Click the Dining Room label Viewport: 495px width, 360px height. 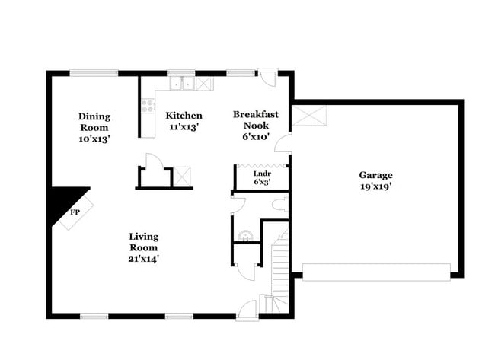[x=94, y=116]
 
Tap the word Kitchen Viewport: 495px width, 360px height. [x=184, y=116]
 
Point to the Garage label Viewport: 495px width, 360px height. [x=376, y=174]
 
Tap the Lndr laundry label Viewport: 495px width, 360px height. [x=261, y=174]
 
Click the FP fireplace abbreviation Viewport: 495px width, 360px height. [x=75, y=212]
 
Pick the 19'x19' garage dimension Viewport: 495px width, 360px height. [x=376, y=186]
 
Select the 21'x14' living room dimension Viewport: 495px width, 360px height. [x=143, y=259]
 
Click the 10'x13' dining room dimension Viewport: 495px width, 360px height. [x=94, y=139]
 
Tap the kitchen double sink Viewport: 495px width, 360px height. [x=181, y=84]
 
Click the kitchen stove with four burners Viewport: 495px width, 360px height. [x=148, y=107]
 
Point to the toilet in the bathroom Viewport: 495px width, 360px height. [x=279, y=204]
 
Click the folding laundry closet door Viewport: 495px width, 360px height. [x=261, y=164]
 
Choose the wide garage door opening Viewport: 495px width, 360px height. [x=376, y=272]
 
